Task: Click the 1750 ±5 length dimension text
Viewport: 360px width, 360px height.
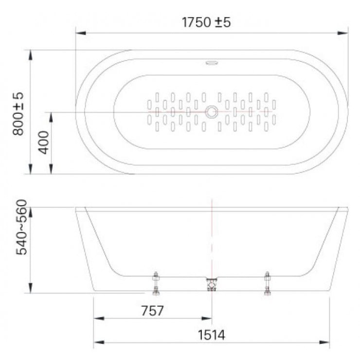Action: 206,22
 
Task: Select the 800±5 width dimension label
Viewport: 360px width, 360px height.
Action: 18,114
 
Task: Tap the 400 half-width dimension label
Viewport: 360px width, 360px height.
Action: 44,143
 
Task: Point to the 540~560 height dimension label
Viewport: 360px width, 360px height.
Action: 21,227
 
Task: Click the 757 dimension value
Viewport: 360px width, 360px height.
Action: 152,311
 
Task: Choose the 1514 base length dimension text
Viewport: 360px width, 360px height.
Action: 212,335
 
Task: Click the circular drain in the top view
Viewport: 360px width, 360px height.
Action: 211,112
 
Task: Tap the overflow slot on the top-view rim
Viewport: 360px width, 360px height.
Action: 212,63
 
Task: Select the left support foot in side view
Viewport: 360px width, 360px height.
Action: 156,283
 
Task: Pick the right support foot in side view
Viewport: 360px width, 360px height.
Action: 267,283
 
